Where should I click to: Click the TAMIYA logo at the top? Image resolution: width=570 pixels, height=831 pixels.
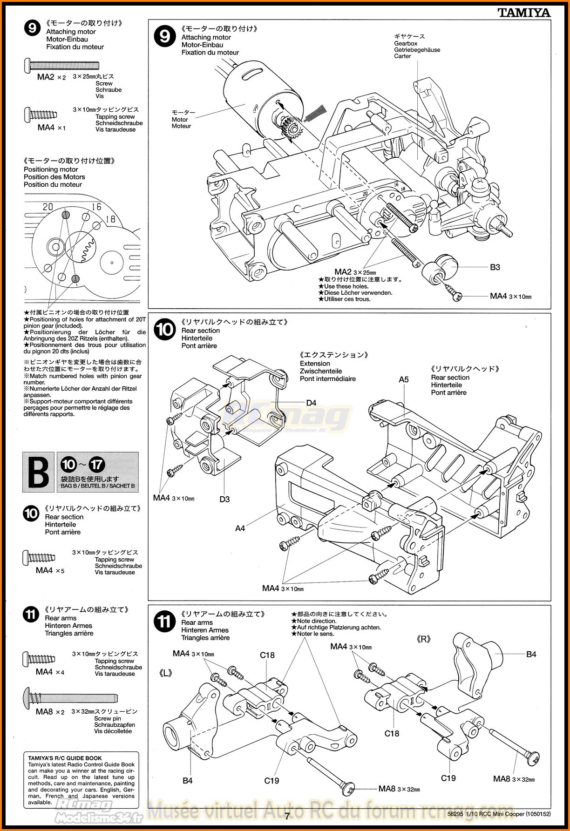pyautogui.click(x=524, y=13)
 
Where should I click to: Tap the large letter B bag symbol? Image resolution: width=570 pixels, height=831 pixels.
pyautogui.click(x=38, y=472)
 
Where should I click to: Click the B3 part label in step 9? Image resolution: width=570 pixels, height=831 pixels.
pyautogui.click(x=495, y=267)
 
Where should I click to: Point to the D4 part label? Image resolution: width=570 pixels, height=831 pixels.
pyautogui.click(x=311, y=403)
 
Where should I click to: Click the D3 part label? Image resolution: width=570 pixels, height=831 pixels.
pyautogui.click(x=224, y=499)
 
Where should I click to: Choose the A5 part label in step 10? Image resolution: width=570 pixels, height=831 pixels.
pyautogui.click(x=403, y=379)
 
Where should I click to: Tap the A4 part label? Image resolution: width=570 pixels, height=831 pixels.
pyautogui.click(x=240, y=528)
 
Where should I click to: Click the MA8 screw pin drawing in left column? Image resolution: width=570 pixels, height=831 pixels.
pyautogui.click(x=70, y=698)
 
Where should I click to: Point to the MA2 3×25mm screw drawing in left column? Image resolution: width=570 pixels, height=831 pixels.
pyautogui.click(x=61, y=65)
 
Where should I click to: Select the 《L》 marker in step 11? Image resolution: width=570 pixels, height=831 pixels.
pyautogui.click(x=166, y=673)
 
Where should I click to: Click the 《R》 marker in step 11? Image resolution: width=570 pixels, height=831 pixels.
pyautogui.click(x=423, y=639)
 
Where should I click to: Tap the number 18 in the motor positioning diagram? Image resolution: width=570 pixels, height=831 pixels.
pyautogui.click(x=110, y=219)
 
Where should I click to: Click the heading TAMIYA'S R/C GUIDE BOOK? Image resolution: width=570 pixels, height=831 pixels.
pyautogui.click(x=65, y=758)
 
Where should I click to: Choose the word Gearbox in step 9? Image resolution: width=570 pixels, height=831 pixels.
pyautogui.click(x=406, y=43)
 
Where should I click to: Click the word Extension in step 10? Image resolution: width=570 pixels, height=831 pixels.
pyautogui.click(x=315, y=363)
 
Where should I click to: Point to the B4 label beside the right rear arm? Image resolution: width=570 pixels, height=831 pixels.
pyautogui.click(x=531, y=654)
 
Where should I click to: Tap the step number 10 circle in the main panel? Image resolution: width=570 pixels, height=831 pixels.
pyautogui.click(x=164, y=330)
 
